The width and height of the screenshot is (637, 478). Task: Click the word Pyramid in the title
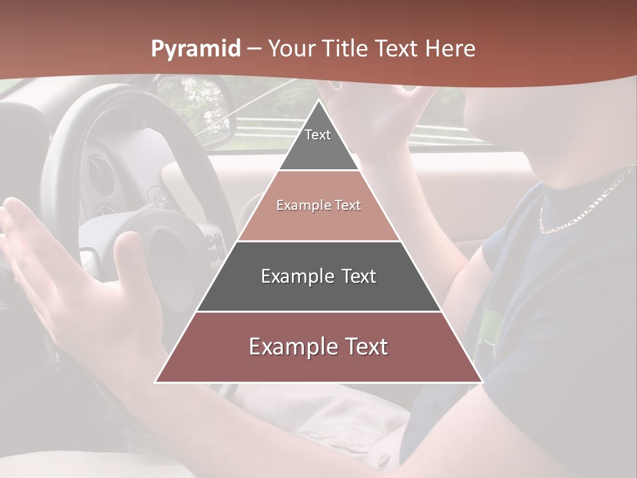click(x=196, y=49)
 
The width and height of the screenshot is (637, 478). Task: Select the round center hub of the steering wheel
click(x=159, y=246)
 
